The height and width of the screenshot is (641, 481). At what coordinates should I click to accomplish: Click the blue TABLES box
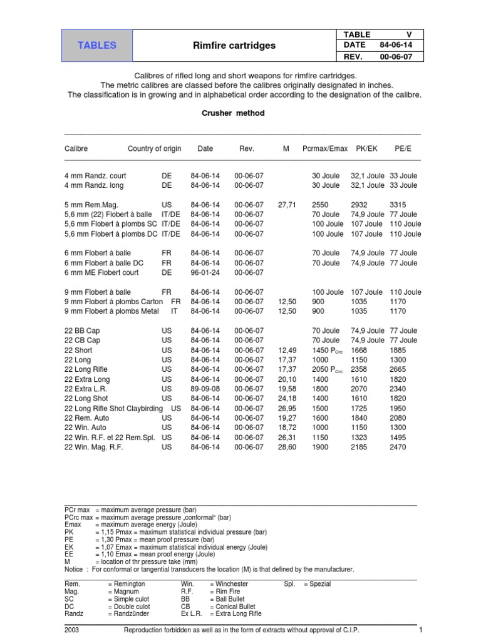[x=96, y=46]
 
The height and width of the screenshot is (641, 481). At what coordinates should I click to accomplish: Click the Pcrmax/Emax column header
[x=324, y=149]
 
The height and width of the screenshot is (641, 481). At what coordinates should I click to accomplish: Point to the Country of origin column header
[x=154, y=149]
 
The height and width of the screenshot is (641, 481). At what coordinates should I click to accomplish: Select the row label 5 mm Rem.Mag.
[x=91, y=205]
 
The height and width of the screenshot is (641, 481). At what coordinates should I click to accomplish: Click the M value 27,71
[x=286, y=205]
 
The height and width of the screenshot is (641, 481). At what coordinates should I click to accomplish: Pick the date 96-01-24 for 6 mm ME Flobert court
[x=205, y=273]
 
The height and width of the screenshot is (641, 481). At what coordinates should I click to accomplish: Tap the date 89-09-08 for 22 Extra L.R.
[x=205, y=389]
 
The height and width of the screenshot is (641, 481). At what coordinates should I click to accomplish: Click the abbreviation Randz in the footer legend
[x=74, y=614]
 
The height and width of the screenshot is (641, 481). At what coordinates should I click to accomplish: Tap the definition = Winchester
[x=229, y=584]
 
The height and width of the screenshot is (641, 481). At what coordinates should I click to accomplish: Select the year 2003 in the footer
[x=72, y=630]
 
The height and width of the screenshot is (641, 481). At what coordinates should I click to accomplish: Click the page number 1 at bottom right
[x=422, y=630]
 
